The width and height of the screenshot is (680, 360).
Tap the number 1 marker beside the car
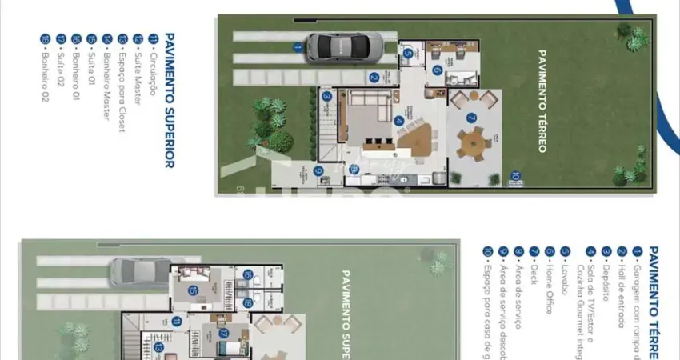pyautogui.click(x=297, y=47)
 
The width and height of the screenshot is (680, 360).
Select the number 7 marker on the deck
pyautogui.click(x=471, y=118)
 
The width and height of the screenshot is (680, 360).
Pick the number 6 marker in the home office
pyautogui.click(x=437, y=70)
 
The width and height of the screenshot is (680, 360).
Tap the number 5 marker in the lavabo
pyautogui.click(x=407, y=54)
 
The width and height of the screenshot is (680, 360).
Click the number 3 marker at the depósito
pyautogui.click(x=326, y=96)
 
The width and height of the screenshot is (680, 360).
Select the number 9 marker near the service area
pyautogui.click(x=318, y=170)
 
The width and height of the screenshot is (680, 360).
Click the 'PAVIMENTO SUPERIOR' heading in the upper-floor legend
pyautogui.click(x=169, y=100)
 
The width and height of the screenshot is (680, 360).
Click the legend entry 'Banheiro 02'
pyautogui.click(x=46, y=68)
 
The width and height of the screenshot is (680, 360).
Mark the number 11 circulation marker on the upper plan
pyautogui.click(x=176, y=321)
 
